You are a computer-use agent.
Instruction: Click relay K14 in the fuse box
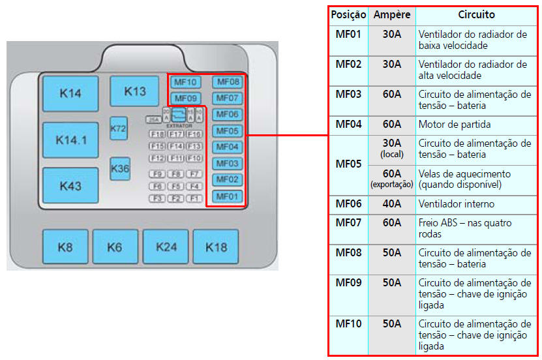(70, 93)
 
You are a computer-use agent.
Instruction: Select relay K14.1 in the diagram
(70, 140)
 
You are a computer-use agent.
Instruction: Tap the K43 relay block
(70, 186)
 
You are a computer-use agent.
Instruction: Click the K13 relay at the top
(135, 91)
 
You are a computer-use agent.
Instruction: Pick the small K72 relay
(118, 128)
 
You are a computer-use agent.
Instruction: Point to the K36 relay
(120, 168)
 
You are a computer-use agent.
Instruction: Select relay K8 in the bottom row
(65, 247)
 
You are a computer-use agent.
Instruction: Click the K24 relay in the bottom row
(166, 247)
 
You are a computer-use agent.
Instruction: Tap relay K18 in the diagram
(216, 247)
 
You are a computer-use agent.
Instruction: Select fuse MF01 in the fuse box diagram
(228, 196)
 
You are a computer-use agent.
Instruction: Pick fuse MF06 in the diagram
(228, 115)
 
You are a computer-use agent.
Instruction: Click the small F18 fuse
(157, 134)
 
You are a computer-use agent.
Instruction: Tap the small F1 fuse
(194, 198)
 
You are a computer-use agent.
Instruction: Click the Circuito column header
(475, 14)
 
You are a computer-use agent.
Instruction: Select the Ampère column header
(391, 14)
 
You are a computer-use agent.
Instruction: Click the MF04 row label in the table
(348, 124)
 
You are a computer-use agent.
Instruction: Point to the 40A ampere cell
(391, 204)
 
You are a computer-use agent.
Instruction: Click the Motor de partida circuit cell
(454, 124)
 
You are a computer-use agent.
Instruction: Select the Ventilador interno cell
(456, 204)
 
